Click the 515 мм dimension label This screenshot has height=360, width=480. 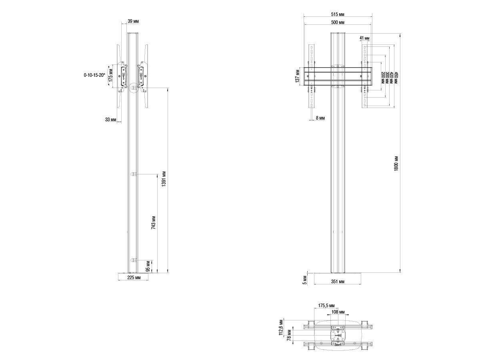[338, 14]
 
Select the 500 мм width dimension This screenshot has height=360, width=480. [338, 22]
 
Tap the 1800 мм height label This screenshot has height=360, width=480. [396, 164]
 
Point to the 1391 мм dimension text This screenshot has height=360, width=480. [164, 179]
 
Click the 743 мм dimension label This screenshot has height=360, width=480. [153, 222]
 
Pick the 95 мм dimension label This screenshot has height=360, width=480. [148, 266]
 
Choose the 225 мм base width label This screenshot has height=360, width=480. [134, 278]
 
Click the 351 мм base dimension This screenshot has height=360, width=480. [338, 282]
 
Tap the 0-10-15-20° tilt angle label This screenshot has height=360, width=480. [94, 75]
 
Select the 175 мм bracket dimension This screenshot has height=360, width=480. [111, 76]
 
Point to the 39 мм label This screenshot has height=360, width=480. [133, 21]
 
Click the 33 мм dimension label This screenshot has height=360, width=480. [111, 120]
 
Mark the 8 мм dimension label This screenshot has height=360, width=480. [320, 118]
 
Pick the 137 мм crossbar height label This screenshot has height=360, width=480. [298, 76]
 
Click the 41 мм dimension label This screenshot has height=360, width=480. [364, 38]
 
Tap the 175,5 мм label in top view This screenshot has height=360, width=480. [326, 306]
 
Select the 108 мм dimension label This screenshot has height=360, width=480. [338, 312]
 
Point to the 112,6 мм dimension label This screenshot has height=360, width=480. [281, 328]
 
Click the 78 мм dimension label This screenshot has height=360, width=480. [289, 335]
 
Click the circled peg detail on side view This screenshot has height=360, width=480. [134, 88]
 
